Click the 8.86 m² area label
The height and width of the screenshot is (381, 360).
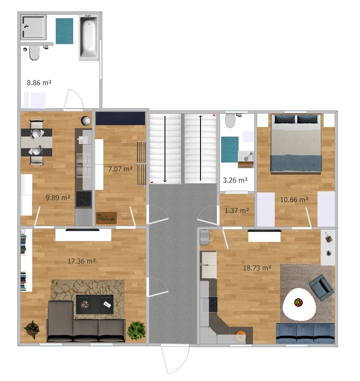pyautogui.click(x=39, y=83)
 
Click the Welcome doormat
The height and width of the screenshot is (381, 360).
pyautogui.click(x=106, y=218)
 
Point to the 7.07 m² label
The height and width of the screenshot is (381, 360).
pyautogui.click(x=121, y=169)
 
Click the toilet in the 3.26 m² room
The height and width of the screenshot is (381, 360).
pyautogui.click(x=231, y=121)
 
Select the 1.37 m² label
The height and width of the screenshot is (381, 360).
pyautogui.click(x=236, y=210)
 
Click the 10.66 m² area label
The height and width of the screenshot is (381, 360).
pyautogui.click(x=294, y=200)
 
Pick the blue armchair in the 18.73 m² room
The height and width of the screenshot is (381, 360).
pyautogui.click(x=321, y=287)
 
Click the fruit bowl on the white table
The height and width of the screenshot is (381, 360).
pyautogui.click(x=299, y=302)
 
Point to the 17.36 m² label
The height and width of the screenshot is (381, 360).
pyautogui.click(x=82, y=261)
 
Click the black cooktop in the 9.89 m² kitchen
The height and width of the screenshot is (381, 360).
pyautogui.click(x=83, y=199)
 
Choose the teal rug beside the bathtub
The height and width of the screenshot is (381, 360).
pyautogui.click(x=65, y=31)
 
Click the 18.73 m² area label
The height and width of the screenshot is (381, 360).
pyautogui.click(x=257, y=268)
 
